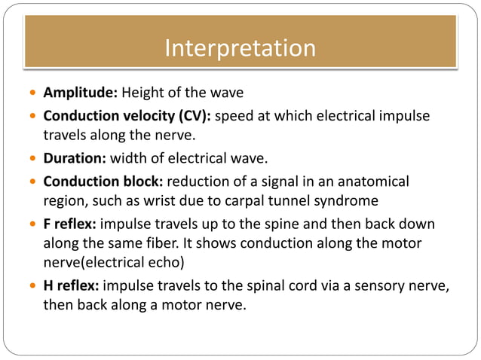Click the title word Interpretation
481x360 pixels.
240,48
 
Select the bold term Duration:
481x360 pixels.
75,159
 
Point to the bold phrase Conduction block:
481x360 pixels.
103,182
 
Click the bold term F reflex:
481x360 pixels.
70,224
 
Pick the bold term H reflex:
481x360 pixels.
72,287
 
